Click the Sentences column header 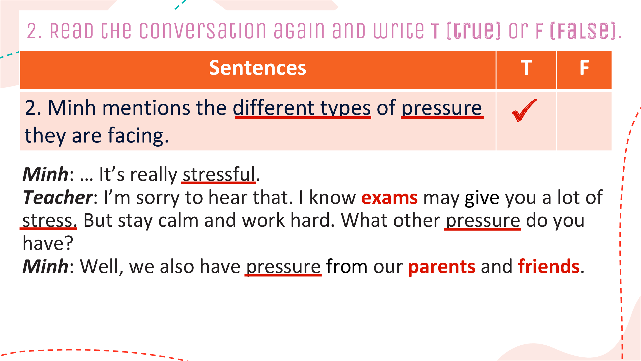pos(258,68)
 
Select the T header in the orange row pos(526,68)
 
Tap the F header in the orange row pos(584,68)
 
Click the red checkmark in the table pos(524,110)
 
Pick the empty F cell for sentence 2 pos(584,121)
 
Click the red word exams pos(389,198)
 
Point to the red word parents pos(442,267)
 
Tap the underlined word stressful pos(219,174)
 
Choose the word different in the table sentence pos(274,108)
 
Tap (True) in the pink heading pos(473,31)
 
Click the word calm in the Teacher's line pos(178,221)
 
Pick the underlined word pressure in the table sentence pos(442,108)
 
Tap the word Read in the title pos(72,31)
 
